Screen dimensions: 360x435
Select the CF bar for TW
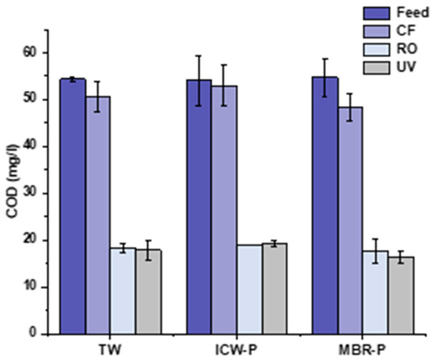(x=98, y=214)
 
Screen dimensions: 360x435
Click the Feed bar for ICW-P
(x=199, y=207)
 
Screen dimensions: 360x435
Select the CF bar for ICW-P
(x=224, y=210)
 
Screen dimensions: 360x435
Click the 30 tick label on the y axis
(x=29, y=193)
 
